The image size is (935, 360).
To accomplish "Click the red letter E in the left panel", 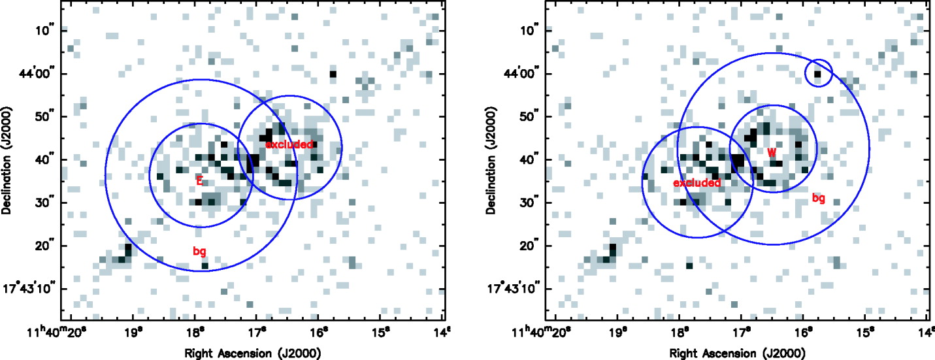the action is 199,180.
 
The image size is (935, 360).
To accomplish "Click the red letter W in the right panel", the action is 772,153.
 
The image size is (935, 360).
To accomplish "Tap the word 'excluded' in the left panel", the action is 289,144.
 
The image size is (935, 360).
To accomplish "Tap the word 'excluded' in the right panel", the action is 697,183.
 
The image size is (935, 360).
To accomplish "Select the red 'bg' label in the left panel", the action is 199,251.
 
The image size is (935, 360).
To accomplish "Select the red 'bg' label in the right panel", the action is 819,198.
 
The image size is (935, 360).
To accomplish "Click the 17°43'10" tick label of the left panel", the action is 29,288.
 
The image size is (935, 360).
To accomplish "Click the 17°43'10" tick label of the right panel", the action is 513,288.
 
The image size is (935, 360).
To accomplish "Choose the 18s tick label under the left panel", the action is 195,334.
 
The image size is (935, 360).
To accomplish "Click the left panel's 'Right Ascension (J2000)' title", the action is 253,353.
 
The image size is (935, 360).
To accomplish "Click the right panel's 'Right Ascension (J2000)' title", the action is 738,353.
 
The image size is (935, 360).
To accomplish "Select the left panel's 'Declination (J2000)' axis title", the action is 7,161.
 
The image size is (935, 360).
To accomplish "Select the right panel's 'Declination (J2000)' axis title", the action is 491,161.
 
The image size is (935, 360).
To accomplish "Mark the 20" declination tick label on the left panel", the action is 45,245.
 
